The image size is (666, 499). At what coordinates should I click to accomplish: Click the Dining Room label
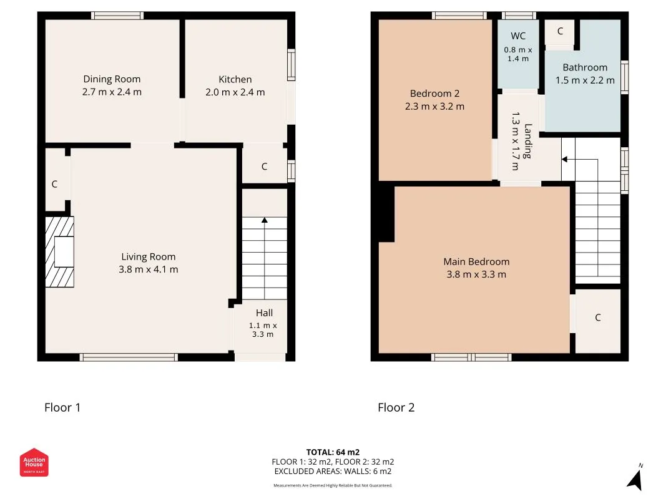tap(112, 79)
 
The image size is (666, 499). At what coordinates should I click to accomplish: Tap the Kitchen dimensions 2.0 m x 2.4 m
tap(235, 92)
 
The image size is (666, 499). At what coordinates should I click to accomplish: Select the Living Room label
tap(148, 257)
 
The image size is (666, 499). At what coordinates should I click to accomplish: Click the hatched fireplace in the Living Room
tap(60, 252)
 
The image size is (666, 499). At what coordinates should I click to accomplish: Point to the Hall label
tap(264, 312)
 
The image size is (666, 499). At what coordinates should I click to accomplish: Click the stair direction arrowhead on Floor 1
tap(265, 220)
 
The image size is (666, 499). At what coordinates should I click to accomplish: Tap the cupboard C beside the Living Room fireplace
tap(54, 184)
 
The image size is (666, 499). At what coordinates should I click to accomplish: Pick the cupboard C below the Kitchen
tap(264, 167)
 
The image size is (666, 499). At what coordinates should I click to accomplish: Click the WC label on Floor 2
tap(518, 36)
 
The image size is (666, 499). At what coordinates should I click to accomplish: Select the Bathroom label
tap(585, 67)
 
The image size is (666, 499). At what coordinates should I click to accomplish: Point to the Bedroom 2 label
tap(434, 94)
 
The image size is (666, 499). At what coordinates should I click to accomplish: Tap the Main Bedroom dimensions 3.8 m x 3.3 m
tap(476, 274)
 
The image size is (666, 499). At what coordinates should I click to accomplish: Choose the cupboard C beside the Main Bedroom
tap(597, 317)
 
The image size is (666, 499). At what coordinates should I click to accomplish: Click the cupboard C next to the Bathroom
tap(561, 31)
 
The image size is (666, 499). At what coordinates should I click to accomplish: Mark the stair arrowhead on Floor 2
tap(564, 159)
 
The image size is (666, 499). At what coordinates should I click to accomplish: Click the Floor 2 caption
tap(396, 407)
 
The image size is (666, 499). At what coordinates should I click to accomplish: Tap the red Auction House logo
tap(34, 462)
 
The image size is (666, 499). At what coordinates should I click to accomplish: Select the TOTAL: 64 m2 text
tap(333, 452)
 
